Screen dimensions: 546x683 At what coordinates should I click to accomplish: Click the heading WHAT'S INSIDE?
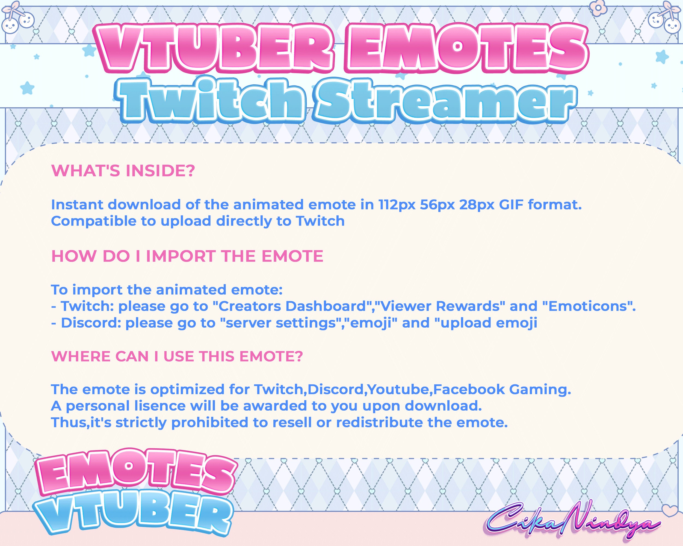pos(123,171)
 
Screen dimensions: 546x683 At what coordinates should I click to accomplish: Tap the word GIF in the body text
pos(511,205)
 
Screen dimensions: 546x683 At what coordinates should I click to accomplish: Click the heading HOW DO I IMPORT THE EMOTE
pos(187,256)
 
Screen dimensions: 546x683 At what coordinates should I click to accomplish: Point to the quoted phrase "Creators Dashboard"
pos(293,306)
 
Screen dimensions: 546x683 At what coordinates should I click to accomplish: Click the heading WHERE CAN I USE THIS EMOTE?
pos(177,356)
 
